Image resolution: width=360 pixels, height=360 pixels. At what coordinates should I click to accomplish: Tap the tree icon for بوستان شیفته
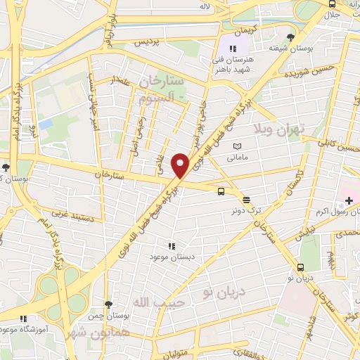pos(290,37)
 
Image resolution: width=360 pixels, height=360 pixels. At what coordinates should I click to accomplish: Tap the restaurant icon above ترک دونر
pos(245,201)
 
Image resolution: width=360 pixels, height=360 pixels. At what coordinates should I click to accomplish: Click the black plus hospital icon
pos(349,200)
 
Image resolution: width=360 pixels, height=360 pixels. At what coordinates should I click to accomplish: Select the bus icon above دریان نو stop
pos(301,266)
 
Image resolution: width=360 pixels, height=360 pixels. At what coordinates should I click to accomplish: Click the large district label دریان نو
pos(230,290)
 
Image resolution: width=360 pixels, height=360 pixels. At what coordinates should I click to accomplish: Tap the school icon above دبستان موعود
pos(171,246)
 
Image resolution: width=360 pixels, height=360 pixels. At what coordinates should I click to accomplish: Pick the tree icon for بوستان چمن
pos(108,304)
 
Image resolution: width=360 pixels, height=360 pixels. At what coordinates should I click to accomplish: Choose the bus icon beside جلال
pos(332,4)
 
